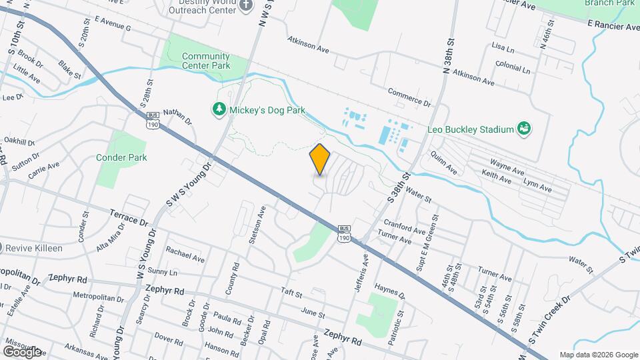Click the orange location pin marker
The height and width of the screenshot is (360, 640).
(x=320, y=159)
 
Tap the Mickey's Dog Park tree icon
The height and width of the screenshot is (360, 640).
(x=219, y=109)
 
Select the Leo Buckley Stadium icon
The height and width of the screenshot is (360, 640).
(x=524, y=127)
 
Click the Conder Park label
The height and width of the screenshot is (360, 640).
(x=121, y=157)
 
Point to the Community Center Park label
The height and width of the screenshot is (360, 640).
(x=206, y=61)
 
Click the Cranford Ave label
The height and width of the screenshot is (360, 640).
(x=405, y=226)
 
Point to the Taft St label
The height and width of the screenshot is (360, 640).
(x=291, y=292)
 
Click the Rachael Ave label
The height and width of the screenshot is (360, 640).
(x=187, y=254)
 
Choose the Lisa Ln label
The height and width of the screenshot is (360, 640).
(x=503, y=48)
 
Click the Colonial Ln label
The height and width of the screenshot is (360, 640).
(x=513, y=68)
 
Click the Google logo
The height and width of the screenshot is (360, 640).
(x=21, y=351)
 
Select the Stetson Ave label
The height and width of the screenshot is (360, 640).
(x=253, y=225)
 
